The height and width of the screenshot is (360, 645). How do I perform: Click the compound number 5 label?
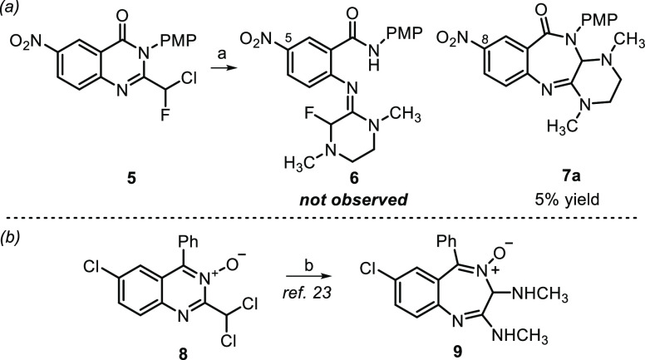coord(108,179)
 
